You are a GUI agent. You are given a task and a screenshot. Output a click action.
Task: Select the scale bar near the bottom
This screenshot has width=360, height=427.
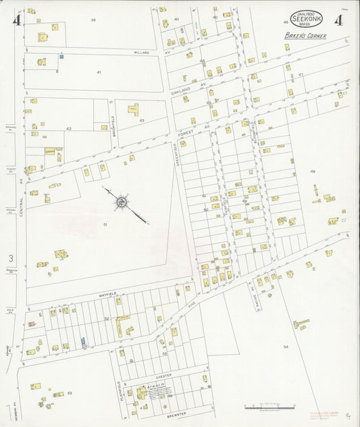tap(270, 407)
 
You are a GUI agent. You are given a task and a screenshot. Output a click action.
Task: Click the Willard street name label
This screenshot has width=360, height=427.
tap(140, 52)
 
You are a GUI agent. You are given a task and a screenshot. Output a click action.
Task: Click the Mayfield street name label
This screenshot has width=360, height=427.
tap(110, 293)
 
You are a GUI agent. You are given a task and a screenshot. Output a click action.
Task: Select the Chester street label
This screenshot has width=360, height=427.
tap(165, 375)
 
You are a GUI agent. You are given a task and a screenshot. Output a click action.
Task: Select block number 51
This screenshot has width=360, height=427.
tap(105, 224)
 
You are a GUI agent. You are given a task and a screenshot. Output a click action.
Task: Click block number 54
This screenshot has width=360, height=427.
tap(285, 347)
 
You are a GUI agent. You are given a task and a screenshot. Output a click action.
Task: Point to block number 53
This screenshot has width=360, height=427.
tap(69, 393)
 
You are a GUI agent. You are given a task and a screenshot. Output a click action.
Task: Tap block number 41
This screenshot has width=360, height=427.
tap(99, 72)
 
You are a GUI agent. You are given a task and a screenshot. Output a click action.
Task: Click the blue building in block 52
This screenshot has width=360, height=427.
tap(83, 343)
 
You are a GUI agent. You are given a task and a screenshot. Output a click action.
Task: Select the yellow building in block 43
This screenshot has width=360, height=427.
tap(133, 108)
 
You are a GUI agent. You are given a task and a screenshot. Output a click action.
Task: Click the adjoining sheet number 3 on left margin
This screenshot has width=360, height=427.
tap(10, 258)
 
